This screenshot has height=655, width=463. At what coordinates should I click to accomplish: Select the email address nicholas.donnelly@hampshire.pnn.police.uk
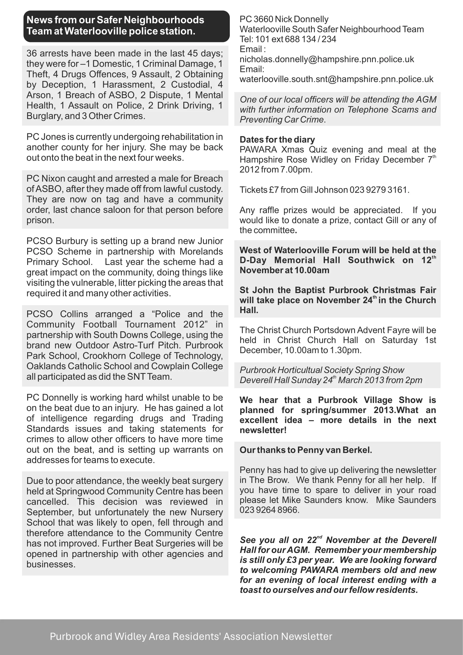click(327, 59)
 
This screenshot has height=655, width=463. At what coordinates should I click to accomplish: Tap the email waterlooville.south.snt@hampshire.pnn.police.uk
click(336, 79)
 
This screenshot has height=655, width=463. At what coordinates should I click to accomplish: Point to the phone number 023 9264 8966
click(269, 510)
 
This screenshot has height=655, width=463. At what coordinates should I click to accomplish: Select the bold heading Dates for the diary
click(277, 139)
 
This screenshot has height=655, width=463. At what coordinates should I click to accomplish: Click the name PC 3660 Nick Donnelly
click(284, 19)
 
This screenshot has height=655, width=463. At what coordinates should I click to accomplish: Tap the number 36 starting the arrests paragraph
click(32, 53)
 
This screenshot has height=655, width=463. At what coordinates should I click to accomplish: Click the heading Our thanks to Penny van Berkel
click(306, 450)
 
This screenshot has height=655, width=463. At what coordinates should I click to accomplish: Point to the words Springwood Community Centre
click(120, 491)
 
